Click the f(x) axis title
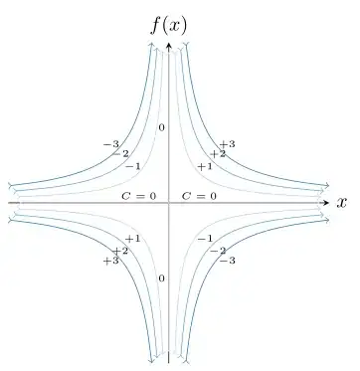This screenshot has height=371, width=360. [169, 22]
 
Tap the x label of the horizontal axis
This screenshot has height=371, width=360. [341, 203]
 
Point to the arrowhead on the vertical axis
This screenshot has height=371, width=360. [169, 45]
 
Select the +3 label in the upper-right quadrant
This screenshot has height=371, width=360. [227, 144]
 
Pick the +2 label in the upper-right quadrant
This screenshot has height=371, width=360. [217, 154]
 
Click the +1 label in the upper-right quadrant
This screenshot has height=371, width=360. [205, 166]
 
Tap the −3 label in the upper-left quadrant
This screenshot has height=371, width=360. [111, 144]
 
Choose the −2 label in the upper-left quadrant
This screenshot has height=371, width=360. [120, 154]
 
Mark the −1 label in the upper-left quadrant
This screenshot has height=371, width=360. [132, 166]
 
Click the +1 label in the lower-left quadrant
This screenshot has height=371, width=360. [132, 239]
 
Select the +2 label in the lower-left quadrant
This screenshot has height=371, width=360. [120, 251]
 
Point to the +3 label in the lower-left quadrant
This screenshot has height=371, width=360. [111, 261]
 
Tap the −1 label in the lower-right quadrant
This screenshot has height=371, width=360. [205, 239]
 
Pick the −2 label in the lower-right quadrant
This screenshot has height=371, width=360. [217, 251]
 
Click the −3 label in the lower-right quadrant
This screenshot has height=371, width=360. [227, 261]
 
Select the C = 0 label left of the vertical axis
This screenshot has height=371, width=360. [139, 195]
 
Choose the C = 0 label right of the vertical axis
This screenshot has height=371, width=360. [199, 195]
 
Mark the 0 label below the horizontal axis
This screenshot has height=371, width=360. [161, 278]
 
